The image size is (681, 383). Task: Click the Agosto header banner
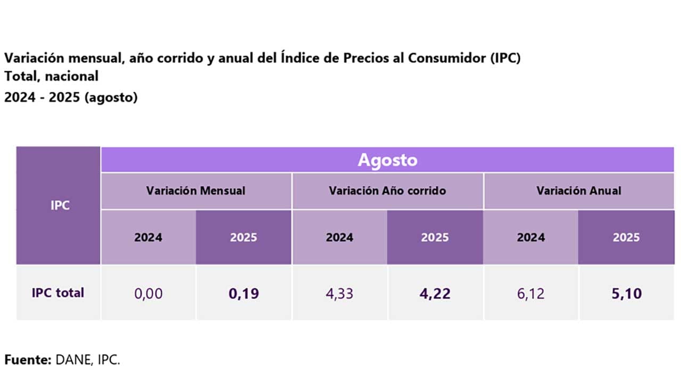[x=387, y=160]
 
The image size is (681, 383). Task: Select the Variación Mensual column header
[x=196, y=190]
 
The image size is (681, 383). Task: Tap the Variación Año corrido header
[x=387, y=190]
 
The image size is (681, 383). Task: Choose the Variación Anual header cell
[x=578, y=190]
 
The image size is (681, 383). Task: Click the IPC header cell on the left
[x=60, y=205]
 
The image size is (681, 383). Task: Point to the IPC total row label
[x=58, y=293]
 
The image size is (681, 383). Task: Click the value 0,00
[x=148, y=294]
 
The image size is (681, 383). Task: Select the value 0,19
[x=244, y=294]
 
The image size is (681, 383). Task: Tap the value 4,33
[x=339, y=294]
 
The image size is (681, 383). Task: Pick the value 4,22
[x=435, y=294]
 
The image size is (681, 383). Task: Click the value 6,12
[x=530, y=294]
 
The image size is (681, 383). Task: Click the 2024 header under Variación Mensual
[x=148, y=237]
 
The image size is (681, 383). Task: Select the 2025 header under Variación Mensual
[x=244, y=237]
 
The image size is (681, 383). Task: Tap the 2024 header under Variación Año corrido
[x=339, y=237]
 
